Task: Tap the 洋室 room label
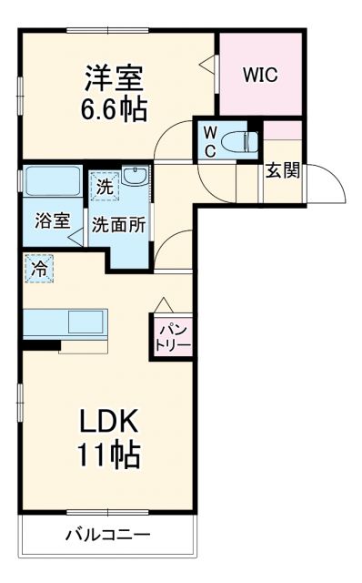115,74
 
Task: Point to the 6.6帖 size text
115,108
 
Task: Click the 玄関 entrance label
283,171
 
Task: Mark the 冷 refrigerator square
40,269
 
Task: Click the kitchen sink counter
64,322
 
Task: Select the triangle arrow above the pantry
164,303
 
